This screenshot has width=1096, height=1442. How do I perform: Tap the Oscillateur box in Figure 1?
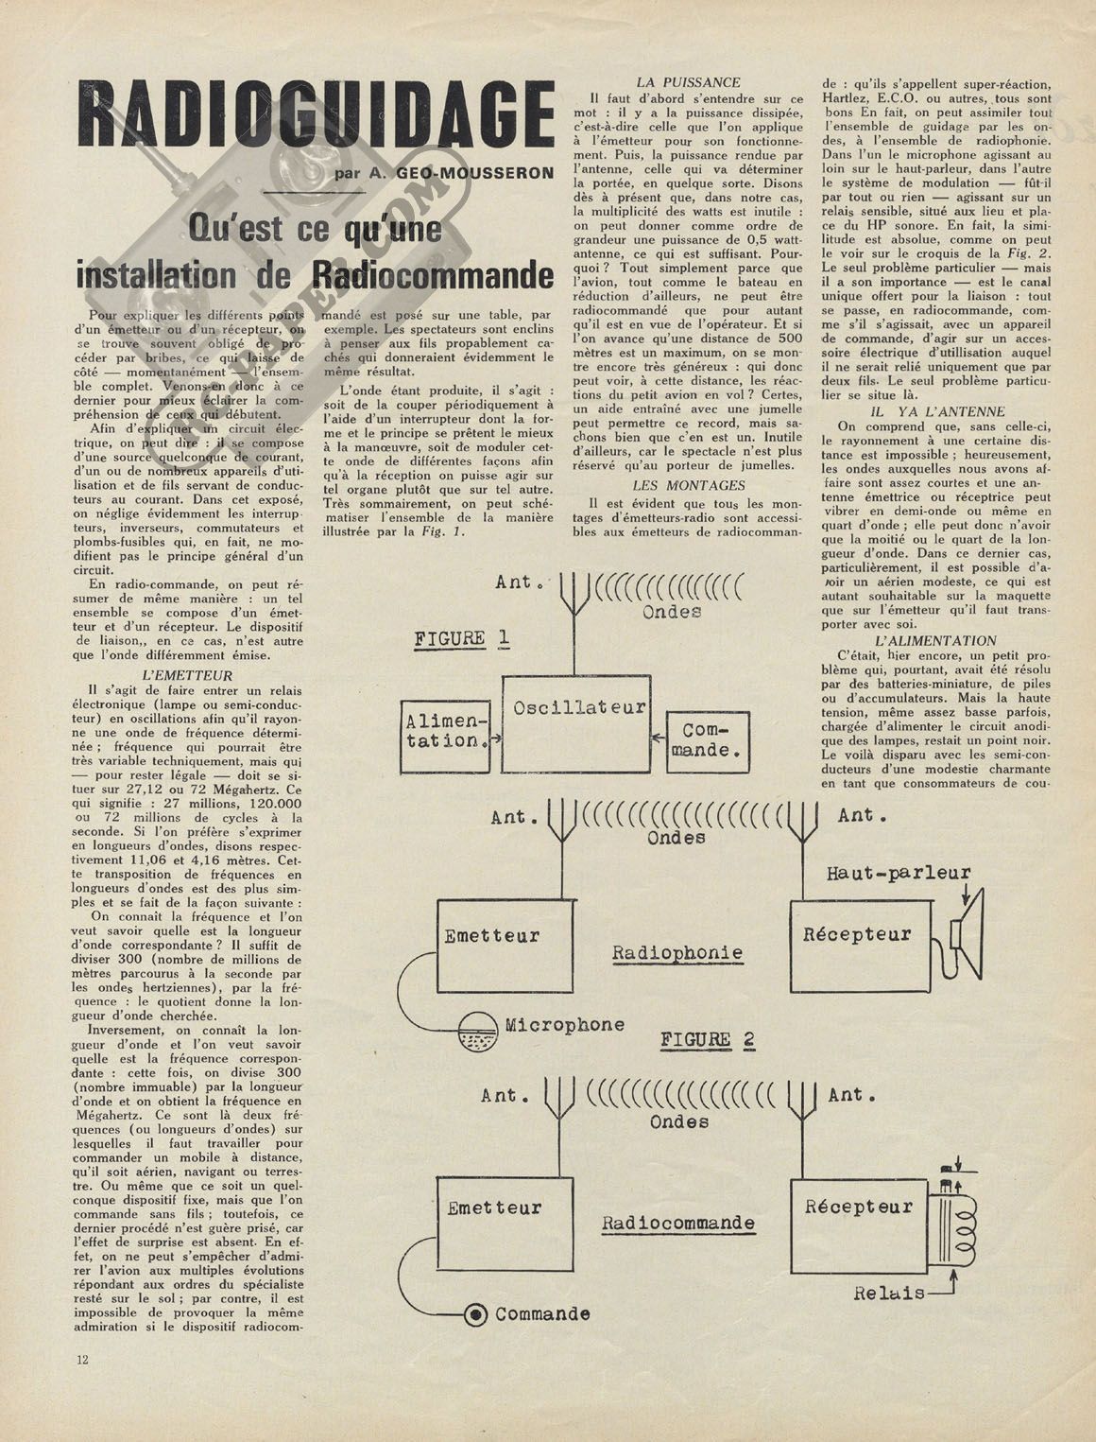coord(576,723)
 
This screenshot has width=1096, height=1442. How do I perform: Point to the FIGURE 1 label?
coord(463,638)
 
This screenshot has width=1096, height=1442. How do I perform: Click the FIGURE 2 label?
coord(708,1039)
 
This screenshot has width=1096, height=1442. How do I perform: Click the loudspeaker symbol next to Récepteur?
coord(969,931)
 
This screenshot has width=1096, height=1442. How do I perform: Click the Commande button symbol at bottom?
coord(476,1313)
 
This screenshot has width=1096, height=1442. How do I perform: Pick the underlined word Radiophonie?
coord(677,952)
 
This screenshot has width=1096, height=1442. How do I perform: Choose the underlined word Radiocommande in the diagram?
coord(678,1223)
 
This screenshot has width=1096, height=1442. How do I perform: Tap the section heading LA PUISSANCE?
coord(689,83)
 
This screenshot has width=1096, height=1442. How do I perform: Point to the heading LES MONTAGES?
coord(689,485)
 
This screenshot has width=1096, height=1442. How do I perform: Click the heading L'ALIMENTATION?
coord(935,641)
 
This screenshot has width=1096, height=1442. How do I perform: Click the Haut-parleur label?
coord(898,873)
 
